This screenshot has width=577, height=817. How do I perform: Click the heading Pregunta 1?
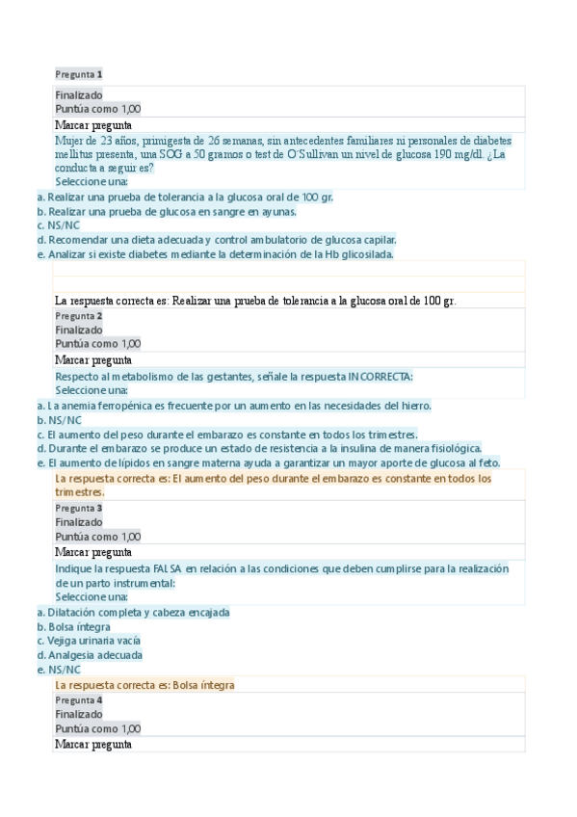[79, 74]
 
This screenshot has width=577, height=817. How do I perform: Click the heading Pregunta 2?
[79, 316]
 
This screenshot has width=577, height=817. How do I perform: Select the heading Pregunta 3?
[79, 508]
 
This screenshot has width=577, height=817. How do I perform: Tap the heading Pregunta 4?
[79, 700]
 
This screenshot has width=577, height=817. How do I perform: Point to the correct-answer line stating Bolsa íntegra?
[144, 685]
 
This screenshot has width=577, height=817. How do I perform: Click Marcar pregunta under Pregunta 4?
[93, 744]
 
